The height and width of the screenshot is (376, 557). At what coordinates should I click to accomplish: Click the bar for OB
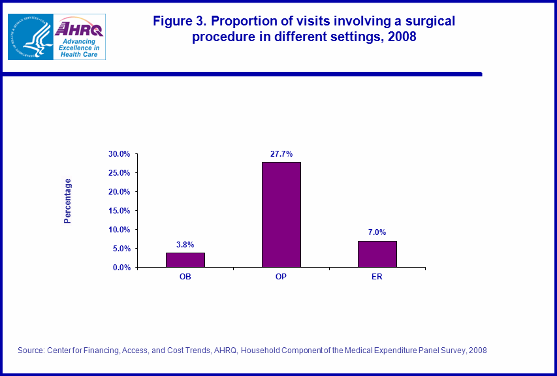(185, 260)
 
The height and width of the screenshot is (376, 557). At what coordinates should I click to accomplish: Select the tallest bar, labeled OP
(281, 215)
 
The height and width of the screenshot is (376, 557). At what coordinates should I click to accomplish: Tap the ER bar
(377, 254)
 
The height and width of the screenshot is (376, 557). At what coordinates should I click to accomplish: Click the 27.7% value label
(281, 153)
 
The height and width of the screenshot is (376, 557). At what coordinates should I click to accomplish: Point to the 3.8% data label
(185, 244)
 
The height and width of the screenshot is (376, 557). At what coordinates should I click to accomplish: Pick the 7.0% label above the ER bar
(377, 232)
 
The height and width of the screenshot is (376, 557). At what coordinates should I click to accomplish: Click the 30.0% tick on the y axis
(120, 154)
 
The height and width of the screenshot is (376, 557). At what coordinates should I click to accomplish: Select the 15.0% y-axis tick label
(120, 211)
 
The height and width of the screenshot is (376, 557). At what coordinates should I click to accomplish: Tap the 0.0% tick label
(122, 268)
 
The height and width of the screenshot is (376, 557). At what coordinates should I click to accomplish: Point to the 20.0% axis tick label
(120, 192)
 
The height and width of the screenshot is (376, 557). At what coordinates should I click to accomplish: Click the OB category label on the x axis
(185, 277)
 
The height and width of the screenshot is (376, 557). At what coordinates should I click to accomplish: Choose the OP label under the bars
(281, 277)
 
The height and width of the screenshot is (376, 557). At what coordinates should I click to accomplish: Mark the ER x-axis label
(377, 277)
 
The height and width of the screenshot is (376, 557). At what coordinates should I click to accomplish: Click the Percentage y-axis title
(68, 201)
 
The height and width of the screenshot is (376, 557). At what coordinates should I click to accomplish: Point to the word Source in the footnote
(30, 351)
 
